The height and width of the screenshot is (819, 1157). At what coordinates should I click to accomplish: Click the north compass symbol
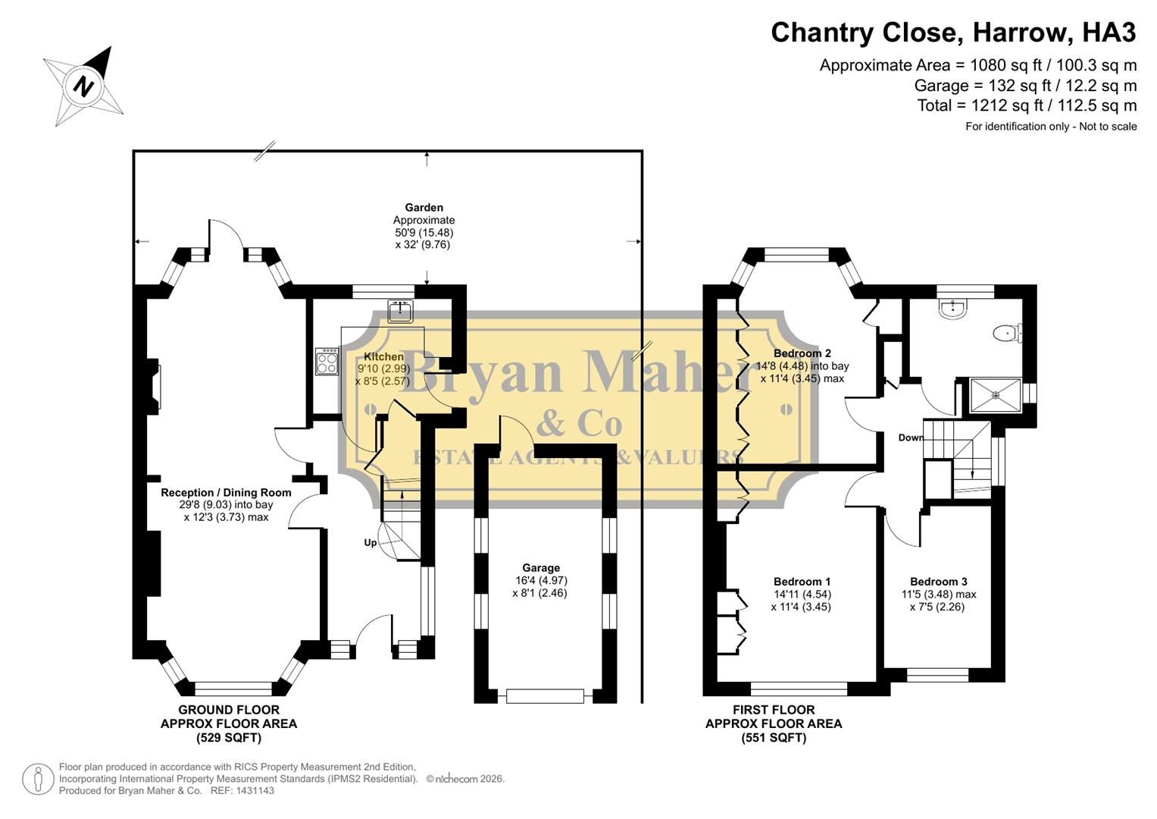pos(83,86)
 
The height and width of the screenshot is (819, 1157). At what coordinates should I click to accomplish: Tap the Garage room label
pos(540,568)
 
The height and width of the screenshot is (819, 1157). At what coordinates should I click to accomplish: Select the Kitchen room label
pos(383,356)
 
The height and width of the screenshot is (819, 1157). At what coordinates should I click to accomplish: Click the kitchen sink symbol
pos(400,311)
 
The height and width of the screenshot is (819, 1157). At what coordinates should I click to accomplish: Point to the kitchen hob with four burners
pos(327,362)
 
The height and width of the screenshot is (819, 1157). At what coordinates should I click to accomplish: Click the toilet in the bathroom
pos(1008,332)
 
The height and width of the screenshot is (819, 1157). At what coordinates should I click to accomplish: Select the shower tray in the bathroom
pos(996,395)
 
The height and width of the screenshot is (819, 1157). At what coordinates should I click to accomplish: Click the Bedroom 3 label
pos(938,582)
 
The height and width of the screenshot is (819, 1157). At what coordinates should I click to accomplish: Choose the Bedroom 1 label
pos(802,582)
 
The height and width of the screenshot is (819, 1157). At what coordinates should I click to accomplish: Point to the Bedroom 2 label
pos(802,353)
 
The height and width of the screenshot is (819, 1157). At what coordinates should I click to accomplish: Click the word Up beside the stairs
pos(371,543)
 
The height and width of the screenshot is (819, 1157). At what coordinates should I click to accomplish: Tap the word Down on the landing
pos(911,438)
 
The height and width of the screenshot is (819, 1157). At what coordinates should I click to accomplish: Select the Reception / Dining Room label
pos(226,492)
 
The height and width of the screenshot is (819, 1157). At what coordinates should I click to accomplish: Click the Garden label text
pos(424,207)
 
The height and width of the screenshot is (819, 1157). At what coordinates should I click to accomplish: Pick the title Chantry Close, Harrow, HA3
pos(953,33)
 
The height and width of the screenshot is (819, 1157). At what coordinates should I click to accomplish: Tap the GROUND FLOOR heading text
pos(228,710)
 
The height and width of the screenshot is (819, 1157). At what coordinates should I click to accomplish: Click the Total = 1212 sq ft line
pos(1027,105)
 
